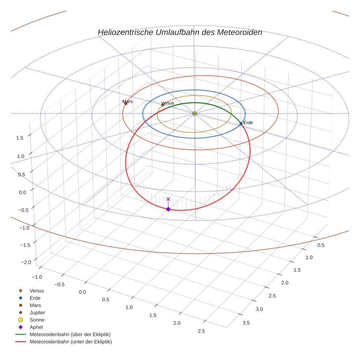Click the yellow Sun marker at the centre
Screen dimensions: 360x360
click(x=195, y=113)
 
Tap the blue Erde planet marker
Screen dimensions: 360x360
click(x=241, y=124)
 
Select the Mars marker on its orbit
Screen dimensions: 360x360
click(x=125, y=104)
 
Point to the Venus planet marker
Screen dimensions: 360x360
click(x=163, y=105)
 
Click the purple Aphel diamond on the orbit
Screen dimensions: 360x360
click(x=168, y=209)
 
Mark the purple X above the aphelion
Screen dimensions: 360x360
click(x=168, y=199)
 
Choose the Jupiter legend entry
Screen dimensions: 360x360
click(x=37, y=312)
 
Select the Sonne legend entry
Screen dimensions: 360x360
click(x=37, y=320)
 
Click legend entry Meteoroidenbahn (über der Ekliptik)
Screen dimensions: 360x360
click(x=70, y=334)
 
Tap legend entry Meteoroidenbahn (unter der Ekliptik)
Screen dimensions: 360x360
click(x=71, y=342)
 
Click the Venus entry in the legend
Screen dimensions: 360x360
click(x=37, y=290)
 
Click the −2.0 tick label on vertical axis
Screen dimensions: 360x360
click(x=26, y=262)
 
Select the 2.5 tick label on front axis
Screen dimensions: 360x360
click(x=201, y=331)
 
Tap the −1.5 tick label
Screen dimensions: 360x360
click(x=26, y=245)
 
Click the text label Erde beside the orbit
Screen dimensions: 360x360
click(x=248, y=123)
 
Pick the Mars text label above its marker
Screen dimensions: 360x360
click(x=127, y=102)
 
